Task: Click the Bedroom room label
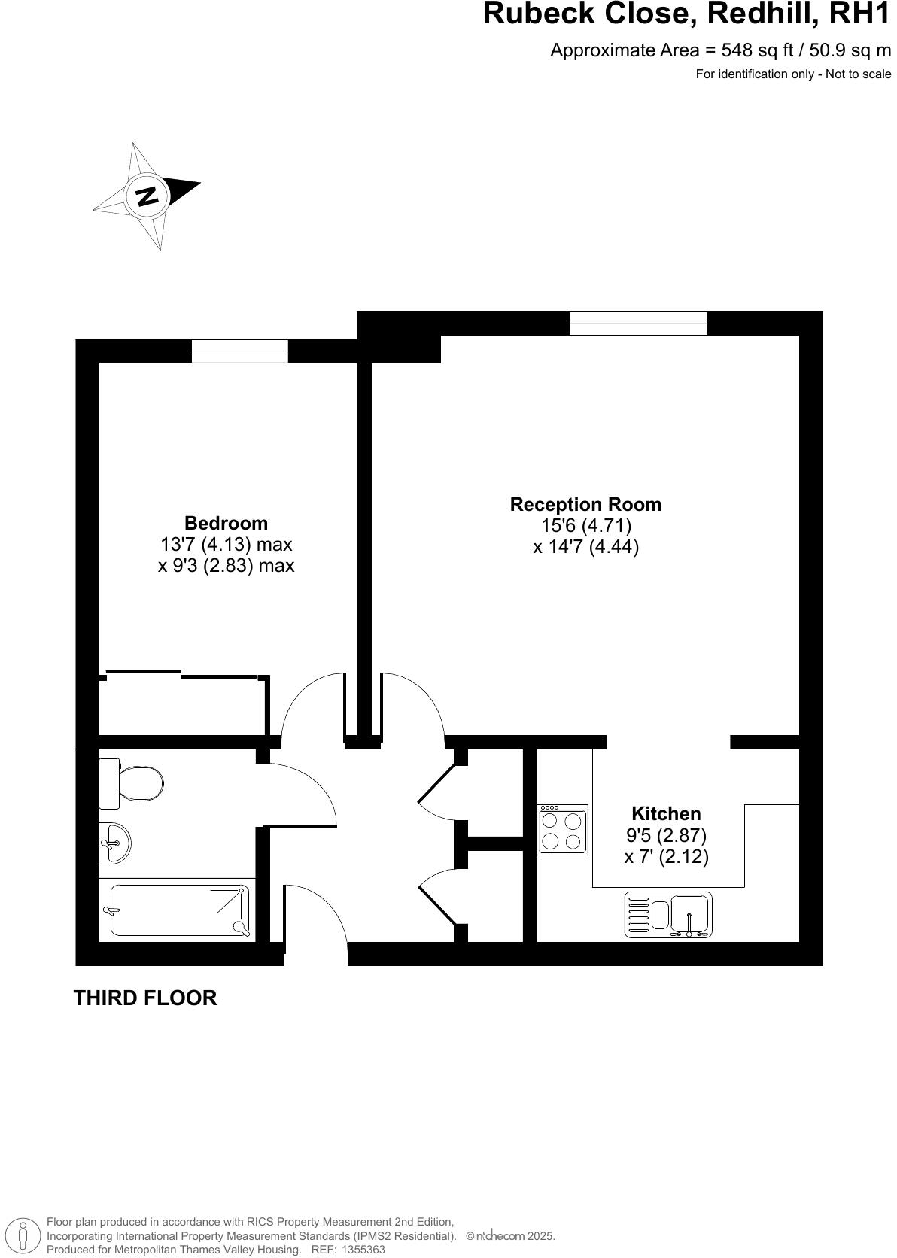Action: pos(226,523)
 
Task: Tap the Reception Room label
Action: pos(585,504)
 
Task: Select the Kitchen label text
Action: pos(666,813)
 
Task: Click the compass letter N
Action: pos(147,196)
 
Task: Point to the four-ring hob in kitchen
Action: pos(563,830)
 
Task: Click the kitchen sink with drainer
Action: pos(668,915)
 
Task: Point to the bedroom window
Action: pos(239,351)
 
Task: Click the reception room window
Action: pos(638,324)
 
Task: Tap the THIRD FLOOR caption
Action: pos(145,998)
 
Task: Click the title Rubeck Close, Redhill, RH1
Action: pos(686,15)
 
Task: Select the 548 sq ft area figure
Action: pos(756,50)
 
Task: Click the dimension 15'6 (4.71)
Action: pos(585,525)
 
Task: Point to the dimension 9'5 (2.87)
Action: pos(666,835)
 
